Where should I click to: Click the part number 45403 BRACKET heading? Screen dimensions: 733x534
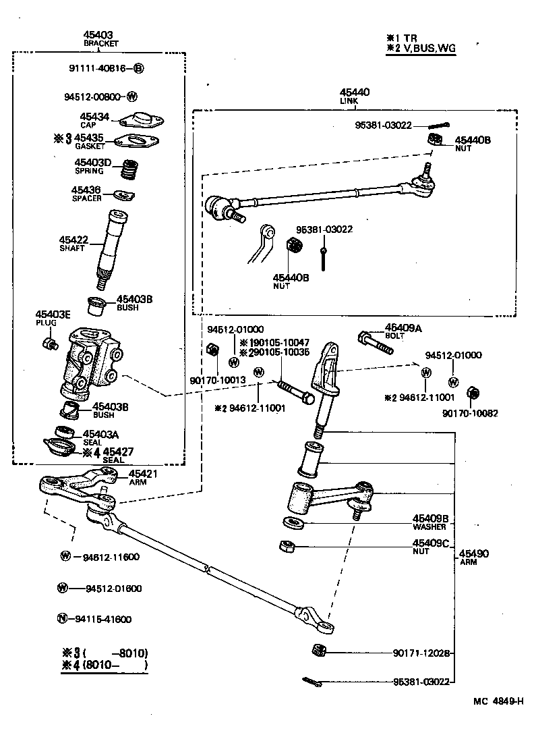click(x=100, y=38)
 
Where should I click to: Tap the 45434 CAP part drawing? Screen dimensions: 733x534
click(x=142, y=119)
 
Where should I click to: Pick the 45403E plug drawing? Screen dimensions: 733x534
click(x=49, y=344)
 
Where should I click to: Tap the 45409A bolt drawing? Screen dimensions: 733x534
click(x=376, y=342)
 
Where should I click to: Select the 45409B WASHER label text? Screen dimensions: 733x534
click(x=430, y=522)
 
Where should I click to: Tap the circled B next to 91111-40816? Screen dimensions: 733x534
click(x=138, y=68)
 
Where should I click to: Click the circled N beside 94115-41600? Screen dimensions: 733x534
click(x=63, y=618)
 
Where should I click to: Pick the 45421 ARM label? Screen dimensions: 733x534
click(x=142, y=477)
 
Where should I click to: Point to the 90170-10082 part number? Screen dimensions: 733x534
click(x=470, y=413)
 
